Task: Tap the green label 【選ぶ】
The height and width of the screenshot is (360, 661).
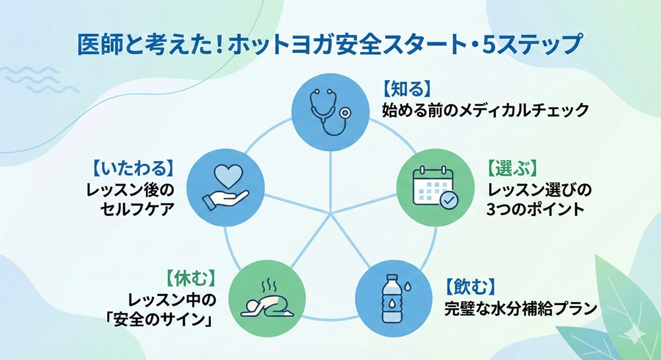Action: click(512, 168)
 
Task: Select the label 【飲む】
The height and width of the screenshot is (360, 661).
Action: click(469, 286)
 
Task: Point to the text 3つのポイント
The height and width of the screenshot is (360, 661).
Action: click(536, 211)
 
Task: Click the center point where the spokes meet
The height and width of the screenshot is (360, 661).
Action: click(330, 213)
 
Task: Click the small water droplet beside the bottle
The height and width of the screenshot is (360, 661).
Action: click(412, 288)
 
